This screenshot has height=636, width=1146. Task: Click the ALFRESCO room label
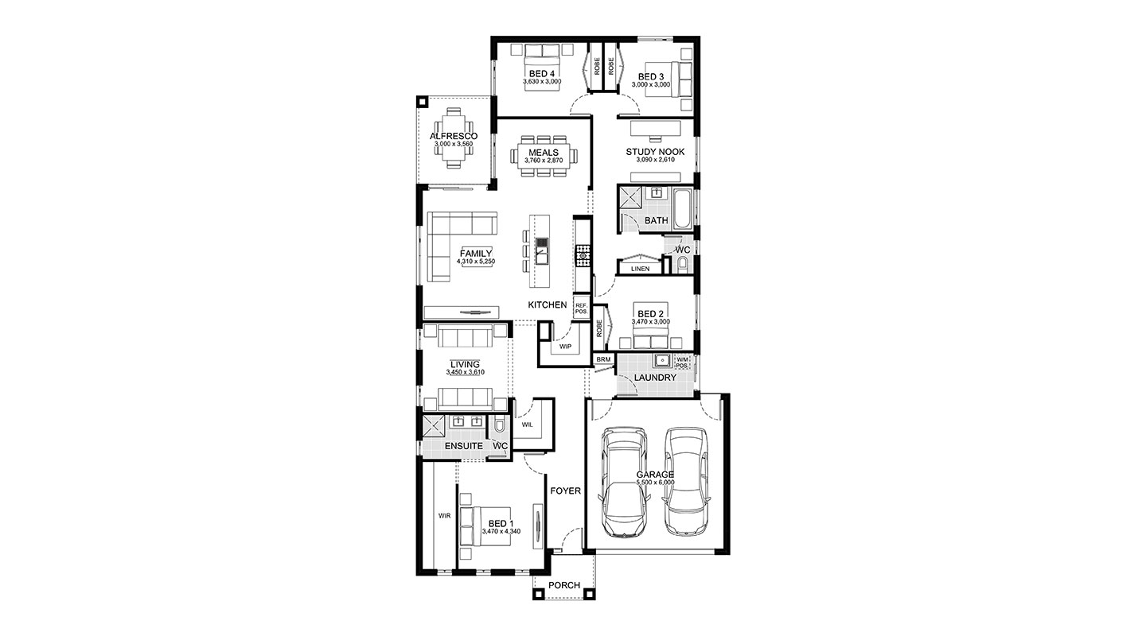(x=454, y=136)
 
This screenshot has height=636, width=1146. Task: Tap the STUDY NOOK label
(x=655, y=152)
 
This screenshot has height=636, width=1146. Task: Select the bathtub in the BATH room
(x=682, y=209)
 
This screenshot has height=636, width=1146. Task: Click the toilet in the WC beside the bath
(x=683, y=264)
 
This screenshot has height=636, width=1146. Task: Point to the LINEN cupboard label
(x=640, y=269)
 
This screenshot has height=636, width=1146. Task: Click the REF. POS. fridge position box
(x=581, y=308)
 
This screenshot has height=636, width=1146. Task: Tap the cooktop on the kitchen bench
(x=583, y=256)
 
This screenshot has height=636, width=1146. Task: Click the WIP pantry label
(x=565, y=347)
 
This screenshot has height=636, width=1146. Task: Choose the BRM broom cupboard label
(x=603, y=359)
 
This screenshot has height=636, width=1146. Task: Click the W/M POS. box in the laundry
(x=682, y=363)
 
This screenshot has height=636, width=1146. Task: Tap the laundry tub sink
(x=662, y=361)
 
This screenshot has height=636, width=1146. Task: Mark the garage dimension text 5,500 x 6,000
(x=655, y=482)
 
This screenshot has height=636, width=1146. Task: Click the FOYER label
(x=565, y=491)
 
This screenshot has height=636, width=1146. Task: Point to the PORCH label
(x=564, y=585)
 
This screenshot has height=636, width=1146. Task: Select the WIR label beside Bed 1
(x=444, y=516)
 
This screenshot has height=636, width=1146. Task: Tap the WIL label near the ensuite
(x=527, y=425)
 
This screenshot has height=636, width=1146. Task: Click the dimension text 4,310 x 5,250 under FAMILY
(x=476, y=262)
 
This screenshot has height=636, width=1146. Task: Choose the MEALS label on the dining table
(x=544, y=153)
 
